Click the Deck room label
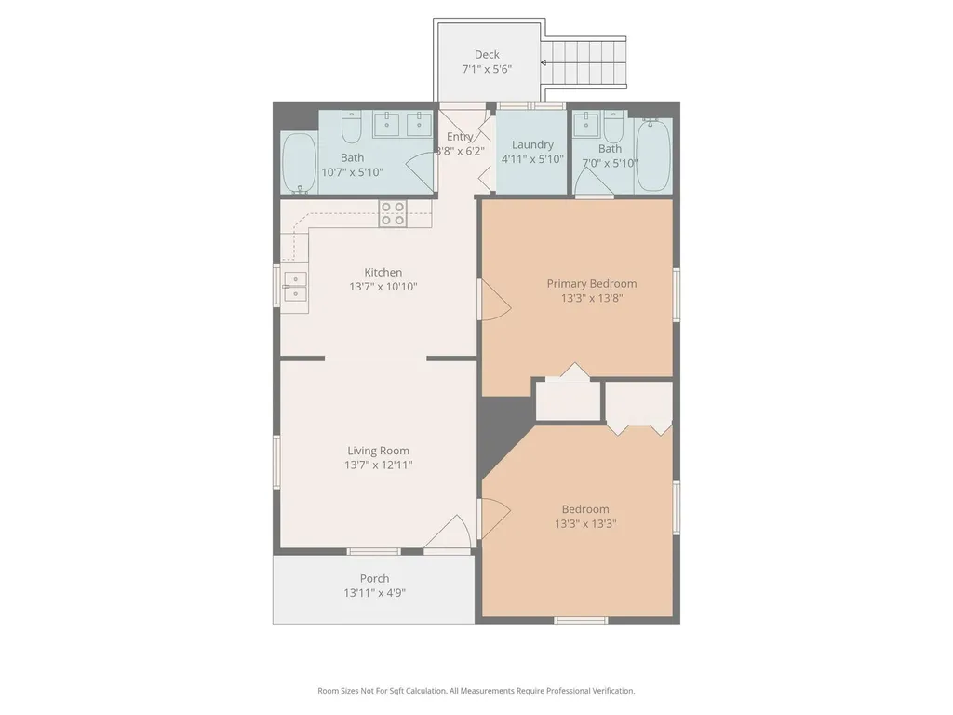pos(487,55)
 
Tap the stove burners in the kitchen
pos(393,213)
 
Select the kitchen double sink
pos(296,287)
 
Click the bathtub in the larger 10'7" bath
pos(300,162)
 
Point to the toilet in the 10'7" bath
pos(351,126)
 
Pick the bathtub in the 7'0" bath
pos(653,155)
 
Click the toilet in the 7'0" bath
pos(613,126)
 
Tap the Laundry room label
pos(532,144)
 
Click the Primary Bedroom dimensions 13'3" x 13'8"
pos(592,298)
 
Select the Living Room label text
pos(378,451)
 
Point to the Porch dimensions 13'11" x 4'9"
pos(374,593)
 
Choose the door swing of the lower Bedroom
pos(493,518)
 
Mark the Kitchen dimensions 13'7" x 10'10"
pos(383,287)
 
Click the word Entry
pos(460,137)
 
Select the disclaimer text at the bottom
pos(476,691)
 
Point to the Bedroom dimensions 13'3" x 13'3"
pos(585,523)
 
